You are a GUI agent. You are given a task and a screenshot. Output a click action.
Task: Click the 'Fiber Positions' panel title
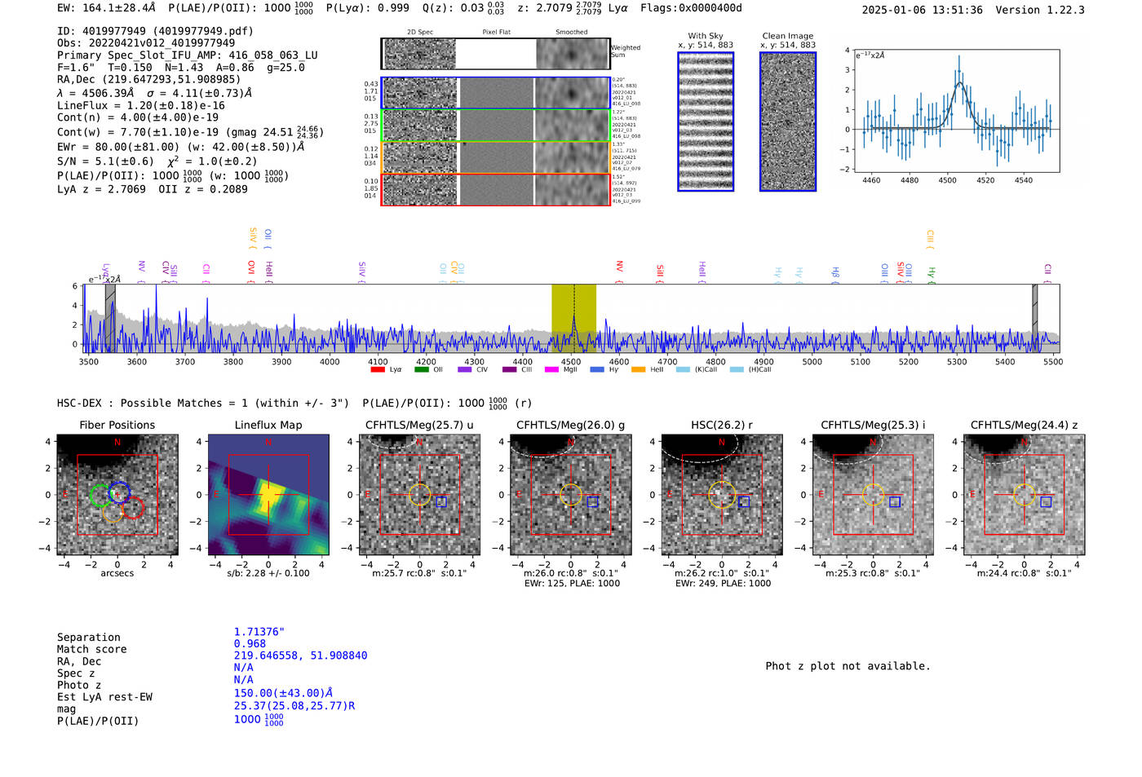(117, 425)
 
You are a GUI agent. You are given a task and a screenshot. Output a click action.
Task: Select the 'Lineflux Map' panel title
(268, 425)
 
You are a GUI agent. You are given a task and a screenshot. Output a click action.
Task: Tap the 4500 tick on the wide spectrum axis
(571, 362)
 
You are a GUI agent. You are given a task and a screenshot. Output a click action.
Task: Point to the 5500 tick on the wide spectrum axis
(1053, 362)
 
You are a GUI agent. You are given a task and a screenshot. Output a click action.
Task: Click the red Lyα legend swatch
(378, 370)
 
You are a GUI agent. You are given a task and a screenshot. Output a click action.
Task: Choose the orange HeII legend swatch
(638, 370)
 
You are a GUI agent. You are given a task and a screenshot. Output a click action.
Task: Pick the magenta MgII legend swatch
(551, 370)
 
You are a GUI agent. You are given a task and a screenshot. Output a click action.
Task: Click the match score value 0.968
(250, 643)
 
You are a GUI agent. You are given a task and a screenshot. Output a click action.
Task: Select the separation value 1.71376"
(259, 632)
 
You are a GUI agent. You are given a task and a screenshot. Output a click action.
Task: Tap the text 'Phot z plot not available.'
(848, 666)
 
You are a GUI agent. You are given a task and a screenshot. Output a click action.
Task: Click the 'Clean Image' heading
(787, 36)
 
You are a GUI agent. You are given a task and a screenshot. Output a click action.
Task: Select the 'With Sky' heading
(705, 36)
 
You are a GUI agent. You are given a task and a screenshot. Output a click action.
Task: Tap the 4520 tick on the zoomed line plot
(985, 180)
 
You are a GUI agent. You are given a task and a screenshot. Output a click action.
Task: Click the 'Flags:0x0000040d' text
(691, 8)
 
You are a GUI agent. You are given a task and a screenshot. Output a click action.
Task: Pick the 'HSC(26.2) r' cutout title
(721, 425)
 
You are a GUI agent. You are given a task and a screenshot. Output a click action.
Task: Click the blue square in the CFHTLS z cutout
(1046, 502)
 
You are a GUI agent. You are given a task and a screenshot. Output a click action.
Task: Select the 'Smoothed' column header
(571, 33)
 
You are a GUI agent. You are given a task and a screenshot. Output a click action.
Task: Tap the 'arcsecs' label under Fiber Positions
(117, 573)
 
